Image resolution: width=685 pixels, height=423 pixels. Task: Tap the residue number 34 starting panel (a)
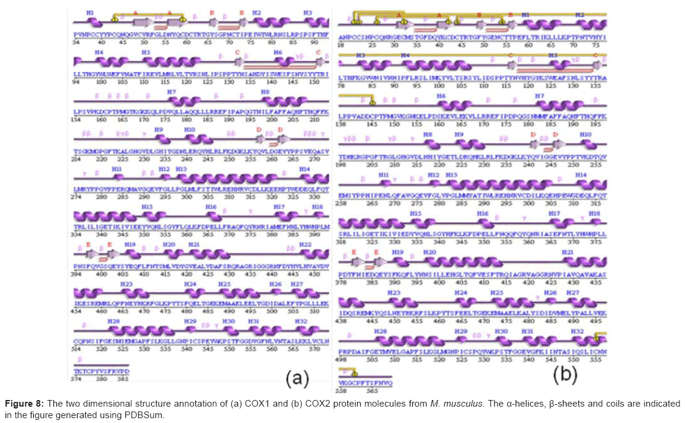pos(76,42)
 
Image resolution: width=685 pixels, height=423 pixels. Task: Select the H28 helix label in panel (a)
pos(113,320)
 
